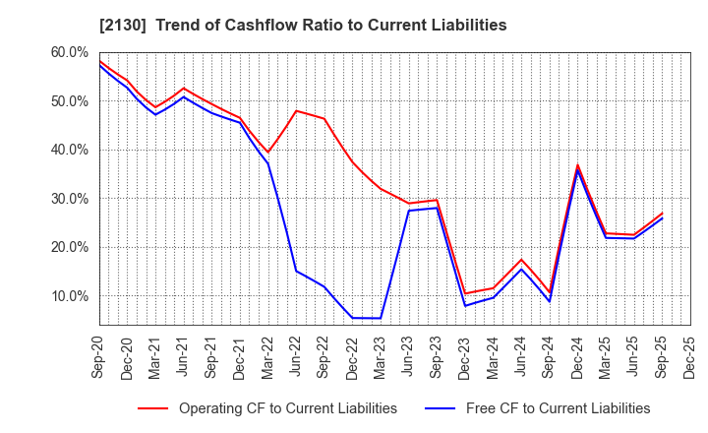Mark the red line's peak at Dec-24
click(578, 164)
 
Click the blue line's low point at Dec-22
click(352, 318)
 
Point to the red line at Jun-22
click(296, 110)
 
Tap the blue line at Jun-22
click(296, 271)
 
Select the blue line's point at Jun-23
click(409, 211)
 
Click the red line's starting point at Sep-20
click(99, 61)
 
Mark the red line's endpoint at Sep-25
click(662, 213)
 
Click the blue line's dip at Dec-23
click(465, 306)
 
